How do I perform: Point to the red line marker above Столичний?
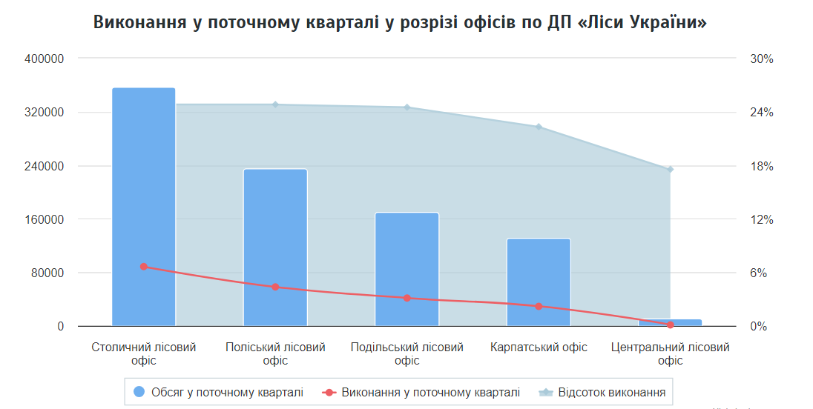pyautogui.click(x=143, y=267)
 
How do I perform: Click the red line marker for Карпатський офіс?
pyautogui.click(x=539, y=306)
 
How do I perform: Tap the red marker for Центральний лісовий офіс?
pyautogui.click(x=671, y=325)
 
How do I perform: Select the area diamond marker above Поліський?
pyautogui.click(x=275, y=104)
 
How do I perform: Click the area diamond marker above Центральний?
pyautogui.click(x=671, y=170)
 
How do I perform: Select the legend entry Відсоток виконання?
pyautogui.click(x=602, y=392)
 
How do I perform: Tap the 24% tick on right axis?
pyautogui.click(x=762, y=113)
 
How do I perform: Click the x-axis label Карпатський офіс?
pyautogui.click(x=539, y=348)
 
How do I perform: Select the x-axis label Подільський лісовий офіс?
pyautogui.click(x=406, y=353)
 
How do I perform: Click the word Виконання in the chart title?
pyautogui.click(x=139, y=22)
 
